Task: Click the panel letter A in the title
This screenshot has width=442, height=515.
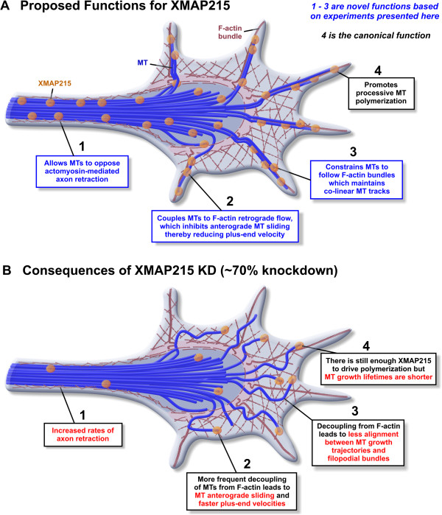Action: point(10,9)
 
